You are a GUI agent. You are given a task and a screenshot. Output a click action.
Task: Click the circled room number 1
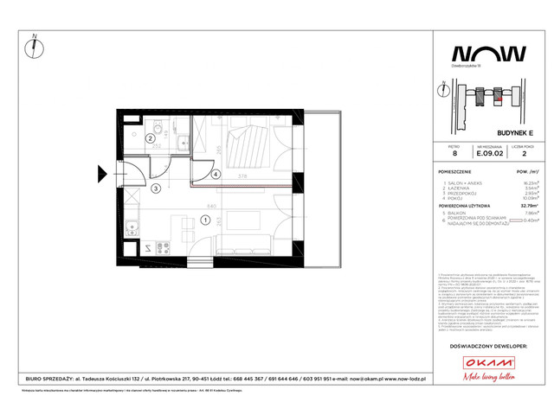pyautogui.click(x=205, y=220)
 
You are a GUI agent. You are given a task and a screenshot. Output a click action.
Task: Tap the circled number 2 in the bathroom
pyautogui.click(x=149, y=137)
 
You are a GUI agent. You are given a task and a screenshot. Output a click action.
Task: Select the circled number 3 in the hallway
pyautogui.click(x=156, y=188)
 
